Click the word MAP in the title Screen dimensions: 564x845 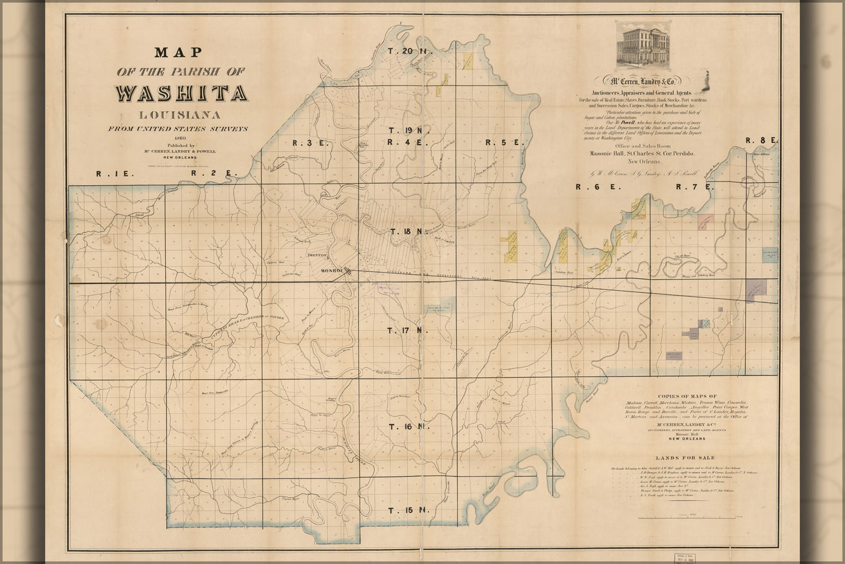pos(178,52)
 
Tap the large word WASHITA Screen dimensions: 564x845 pos(181,93)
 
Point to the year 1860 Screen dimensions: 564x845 pos(180,138)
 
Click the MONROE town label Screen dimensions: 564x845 pos(332,271)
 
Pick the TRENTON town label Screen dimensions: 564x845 pos(316,255)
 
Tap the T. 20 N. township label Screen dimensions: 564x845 pos(409,52)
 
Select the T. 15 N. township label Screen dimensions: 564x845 pos(409,510)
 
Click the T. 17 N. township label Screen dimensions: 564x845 pos(408,330)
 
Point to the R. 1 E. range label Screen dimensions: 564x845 pos(115,174)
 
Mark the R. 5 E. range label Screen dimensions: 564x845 pos(505,143)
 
